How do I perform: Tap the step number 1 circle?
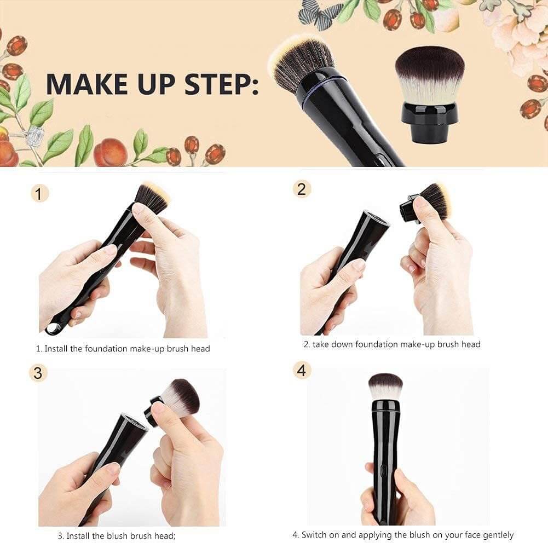pos(39,193)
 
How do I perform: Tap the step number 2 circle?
pos(301,189)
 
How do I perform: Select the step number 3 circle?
pos(38,373)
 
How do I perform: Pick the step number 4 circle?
pos(301,370)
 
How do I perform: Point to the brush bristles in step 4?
pos(385,386)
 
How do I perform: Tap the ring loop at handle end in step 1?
pos(53,328)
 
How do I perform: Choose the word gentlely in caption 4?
pos(495,535)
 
